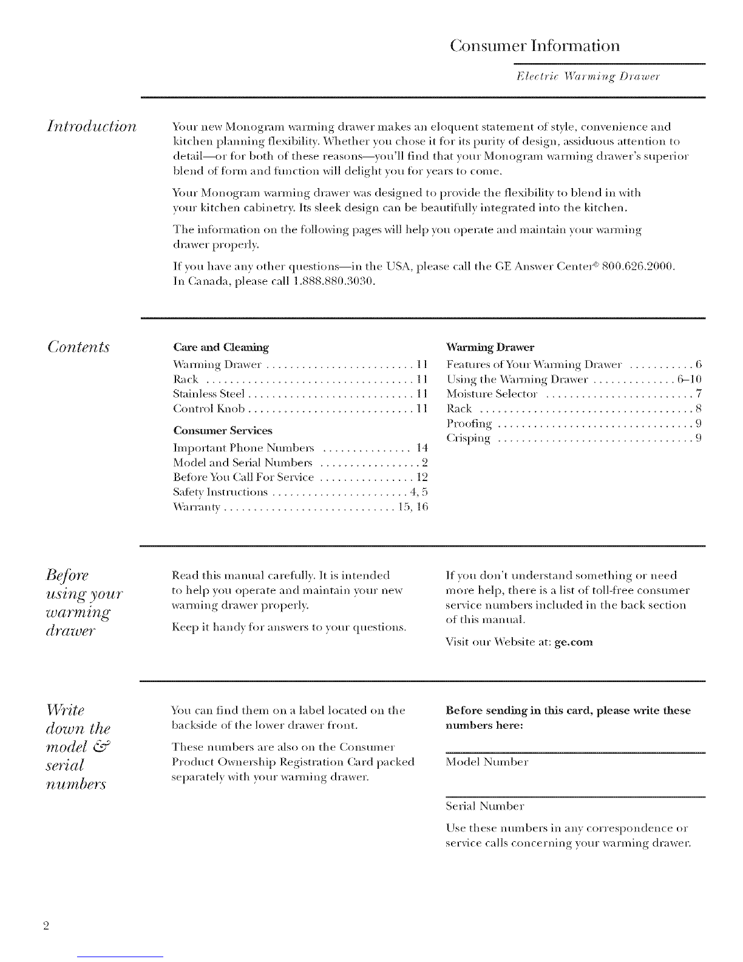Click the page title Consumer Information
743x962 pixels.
coord(535,46)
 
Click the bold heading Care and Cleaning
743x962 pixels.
coord(220,348)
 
